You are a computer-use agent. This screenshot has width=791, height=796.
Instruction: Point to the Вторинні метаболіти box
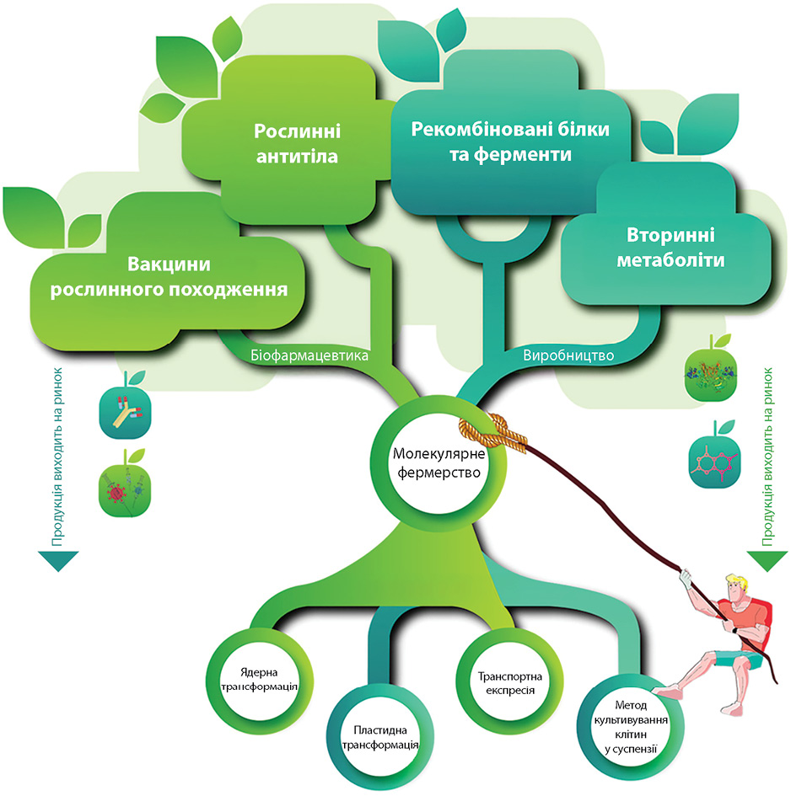(x=670, y=245)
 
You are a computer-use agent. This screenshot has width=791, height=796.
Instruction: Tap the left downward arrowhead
(x=56, y=562)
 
